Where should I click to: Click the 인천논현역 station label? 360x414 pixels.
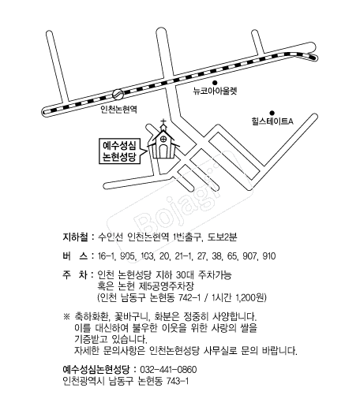click(119, 109)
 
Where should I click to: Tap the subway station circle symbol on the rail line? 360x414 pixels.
click(118, 95)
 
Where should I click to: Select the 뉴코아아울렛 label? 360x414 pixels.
click(215, 91)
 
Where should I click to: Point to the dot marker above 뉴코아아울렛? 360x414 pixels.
click(215, 83)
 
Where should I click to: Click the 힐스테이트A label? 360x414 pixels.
click(272, 121)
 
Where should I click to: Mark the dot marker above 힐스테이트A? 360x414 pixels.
click(272, 113)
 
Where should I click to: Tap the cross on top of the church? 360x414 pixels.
click(163, 122)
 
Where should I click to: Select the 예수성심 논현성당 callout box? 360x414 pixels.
click(120, 151)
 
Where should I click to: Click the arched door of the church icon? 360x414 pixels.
click(163, 151)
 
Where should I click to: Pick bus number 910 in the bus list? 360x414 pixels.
click(269, 256)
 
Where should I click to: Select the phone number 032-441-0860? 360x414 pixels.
click(168, 370)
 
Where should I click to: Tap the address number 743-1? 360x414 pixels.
click(178, 381)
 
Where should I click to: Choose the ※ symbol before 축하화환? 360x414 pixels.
click(66, 316)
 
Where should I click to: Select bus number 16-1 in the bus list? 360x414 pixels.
click(107, 256)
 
